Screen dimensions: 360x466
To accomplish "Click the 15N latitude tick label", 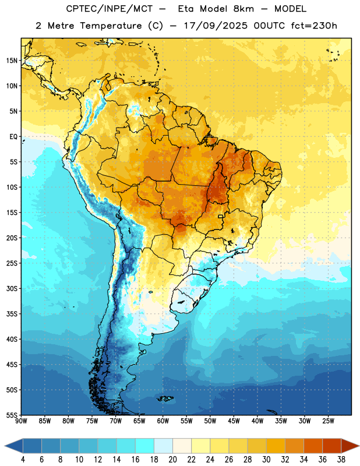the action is (12, 61).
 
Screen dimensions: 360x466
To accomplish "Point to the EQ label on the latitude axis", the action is (13, 137).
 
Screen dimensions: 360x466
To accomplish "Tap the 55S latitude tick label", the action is (12, 415).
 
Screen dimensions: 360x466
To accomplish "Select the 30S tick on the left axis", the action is (12, 288).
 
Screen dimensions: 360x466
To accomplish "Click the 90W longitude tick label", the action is (21, 421).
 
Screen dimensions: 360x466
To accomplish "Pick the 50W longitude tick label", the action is (210, 421).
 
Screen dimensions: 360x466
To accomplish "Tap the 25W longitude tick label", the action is (328, 421).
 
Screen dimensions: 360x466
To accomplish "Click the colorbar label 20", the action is (172, 460).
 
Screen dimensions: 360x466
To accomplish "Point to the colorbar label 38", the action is (341, 460).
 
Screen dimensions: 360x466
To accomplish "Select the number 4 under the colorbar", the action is (23, 460).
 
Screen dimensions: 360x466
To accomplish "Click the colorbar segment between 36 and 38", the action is (332, 446).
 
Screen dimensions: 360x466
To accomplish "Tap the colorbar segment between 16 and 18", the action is (145, 446).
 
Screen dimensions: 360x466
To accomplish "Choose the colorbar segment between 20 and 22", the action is (182, 446).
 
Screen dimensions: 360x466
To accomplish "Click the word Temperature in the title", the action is (111, 26).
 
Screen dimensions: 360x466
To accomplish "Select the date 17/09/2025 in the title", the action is (215, 26).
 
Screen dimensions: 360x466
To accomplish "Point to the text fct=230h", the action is (314, 26).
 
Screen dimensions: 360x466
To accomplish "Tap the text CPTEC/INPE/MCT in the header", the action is (110, 9).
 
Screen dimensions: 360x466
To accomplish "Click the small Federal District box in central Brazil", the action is (221, 216).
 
